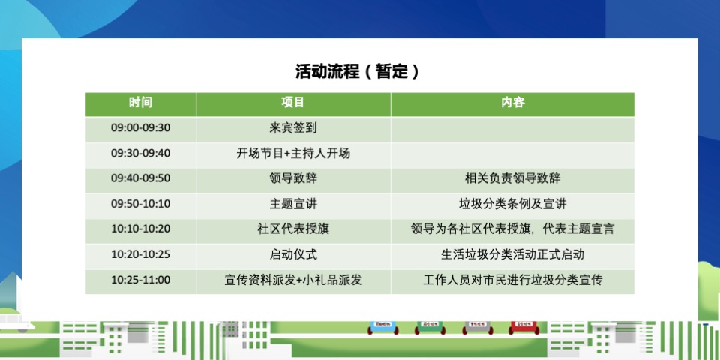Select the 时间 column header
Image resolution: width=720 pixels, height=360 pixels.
tap(140, 103)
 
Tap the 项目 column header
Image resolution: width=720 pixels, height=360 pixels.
tap(293, 103)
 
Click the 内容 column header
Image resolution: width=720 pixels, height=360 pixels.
tap(512, 103)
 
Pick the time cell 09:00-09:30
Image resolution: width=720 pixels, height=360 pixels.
tap(140, 128)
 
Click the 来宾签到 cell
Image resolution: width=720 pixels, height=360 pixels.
tap(293, 128)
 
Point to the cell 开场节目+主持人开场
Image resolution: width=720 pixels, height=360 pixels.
tap(293, 154)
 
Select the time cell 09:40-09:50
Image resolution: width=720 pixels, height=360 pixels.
tap(140, 178)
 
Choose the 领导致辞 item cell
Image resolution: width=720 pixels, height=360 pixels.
tap(293, 178)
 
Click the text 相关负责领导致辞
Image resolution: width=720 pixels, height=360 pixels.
tap(512, 178)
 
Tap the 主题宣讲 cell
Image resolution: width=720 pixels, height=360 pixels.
tap(293, 204)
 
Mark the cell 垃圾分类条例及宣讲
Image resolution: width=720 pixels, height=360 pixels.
tap(512, 204)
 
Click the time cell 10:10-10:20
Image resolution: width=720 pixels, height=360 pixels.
tap(140, 229)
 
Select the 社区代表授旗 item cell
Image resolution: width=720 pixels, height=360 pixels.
tap(293, 229)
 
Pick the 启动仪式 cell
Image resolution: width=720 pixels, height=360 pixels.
tap(293, 254)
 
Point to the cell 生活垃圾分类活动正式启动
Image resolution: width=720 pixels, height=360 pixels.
tap(512, 254)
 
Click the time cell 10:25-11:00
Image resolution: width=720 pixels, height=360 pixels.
tap(140, 280)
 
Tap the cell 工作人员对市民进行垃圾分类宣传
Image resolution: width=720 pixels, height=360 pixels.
tap(512, 280)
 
